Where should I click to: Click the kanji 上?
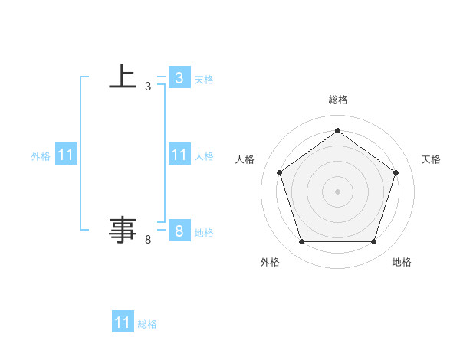pos(123,77)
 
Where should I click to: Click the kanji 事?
pos(123,230)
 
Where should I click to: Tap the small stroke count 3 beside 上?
pos(148,87)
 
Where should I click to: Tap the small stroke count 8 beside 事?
pos(148,240)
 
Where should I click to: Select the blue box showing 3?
pos(179,77)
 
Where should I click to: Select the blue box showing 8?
pos(179,231)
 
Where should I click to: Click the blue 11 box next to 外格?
pos(66,155)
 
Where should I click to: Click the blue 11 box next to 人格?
pos(179,155)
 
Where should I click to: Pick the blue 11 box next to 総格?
pos(123,322)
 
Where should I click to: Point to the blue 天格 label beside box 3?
pos(204,79)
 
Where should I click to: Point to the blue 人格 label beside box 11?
pos(204,155)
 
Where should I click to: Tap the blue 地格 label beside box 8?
pos(204,232)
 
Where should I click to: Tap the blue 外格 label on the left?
pos(41,155)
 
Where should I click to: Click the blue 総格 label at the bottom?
pos(147,323)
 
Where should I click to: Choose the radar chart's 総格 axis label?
pos(338,100)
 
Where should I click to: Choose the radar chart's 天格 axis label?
pos(431,159)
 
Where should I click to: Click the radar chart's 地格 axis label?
pos(402,262)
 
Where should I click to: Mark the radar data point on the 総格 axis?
pos(337,131)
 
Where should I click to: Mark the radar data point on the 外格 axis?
pos(301,242)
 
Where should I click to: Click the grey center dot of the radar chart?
pos(337,191)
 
